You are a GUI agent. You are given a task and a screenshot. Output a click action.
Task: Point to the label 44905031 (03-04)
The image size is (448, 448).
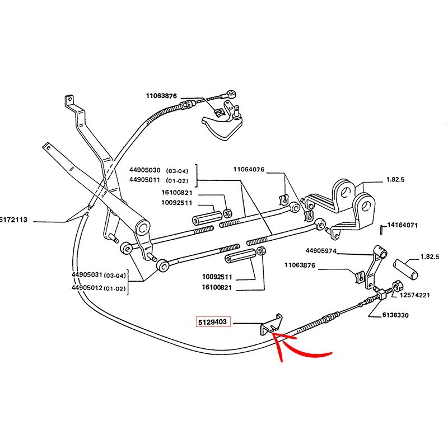[x=99, y=274]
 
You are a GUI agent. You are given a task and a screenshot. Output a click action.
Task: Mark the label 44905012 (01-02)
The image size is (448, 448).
[x=99, y=288]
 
